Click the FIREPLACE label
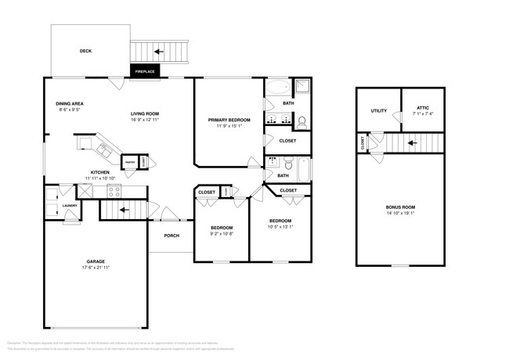click(145, 72)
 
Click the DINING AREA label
click(70, 104)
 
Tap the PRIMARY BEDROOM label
click(229, 120)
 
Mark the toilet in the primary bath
click(301, 121)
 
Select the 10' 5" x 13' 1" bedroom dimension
click(280, 227)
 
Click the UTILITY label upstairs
click(379, 110)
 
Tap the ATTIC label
click(423, 107)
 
